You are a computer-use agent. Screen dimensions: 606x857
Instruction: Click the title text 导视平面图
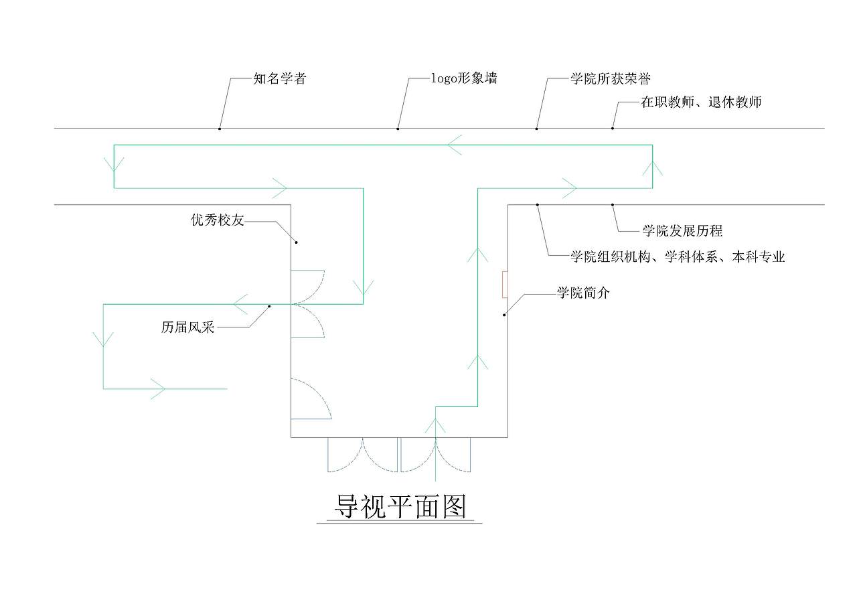pos(400,507)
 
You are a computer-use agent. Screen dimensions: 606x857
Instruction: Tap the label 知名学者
pos(280,79)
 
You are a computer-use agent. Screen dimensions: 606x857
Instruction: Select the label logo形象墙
pos(464,79)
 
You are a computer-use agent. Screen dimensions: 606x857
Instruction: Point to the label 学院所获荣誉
pos(610,79)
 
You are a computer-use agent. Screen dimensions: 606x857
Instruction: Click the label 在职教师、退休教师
pos(701,102)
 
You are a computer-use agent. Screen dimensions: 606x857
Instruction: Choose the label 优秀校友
pos(218,220)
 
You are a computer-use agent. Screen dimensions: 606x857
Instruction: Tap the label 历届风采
pos(187,327)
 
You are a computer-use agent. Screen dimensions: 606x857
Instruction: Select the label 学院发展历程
pos(682,231)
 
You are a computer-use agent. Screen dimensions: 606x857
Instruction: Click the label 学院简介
pos(583,293)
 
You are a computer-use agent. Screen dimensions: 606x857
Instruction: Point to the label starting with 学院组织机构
pos(677,256)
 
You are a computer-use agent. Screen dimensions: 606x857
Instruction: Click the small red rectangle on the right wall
pos(505,284)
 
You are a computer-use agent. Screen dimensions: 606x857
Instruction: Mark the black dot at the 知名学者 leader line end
pos(220,128)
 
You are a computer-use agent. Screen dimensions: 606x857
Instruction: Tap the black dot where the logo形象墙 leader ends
pos(398,128)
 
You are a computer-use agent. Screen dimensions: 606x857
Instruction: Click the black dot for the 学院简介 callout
pos(504,315)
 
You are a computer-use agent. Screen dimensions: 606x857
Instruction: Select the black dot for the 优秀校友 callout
pos(297,242)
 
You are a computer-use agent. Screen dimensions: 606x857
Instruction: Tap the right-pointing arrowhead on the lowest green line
pos(157,388)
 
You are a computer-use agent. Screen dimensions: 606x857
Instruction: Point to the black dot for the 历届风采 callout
pos(269,307)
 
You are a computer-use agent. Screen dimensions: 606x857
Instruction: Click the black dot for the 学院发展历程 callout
pos(612,204)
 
